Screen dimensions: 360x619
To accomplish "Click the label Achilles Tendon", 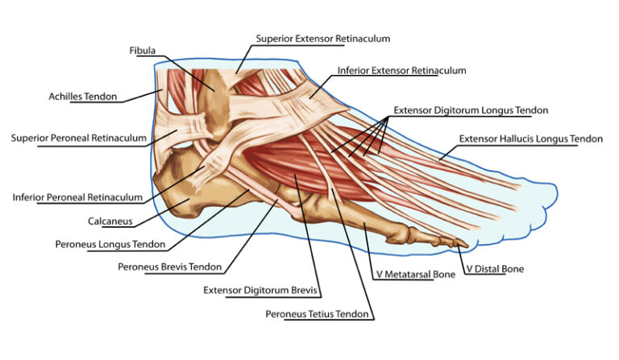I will [82, 97].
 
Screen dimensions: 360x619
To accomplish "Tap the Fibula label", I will [143, 51].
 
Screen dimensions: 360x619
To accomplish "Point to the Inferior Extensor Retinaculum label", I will [401, 71].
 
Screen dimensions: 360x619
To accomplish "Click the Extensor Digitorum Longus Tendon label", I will [471, 109].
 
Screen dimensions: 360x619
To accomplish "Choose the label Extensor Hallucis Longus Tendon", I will [530, 139].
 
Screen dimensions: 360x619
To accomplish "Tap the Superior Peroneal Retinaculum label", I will [79, 138].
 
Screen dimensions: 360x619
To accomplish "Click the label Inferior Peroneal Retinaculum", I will [77, 197].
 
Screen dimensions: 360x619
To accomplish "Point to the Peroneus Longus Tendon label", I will [110, 243].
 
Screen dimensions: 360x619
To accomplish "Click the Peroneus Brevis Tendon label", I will [169, 266].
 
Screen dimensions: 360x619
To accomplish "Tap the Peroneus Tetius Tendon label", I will [318, 312].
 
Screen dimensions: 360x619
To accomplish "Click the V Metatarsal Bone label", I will [415, 274].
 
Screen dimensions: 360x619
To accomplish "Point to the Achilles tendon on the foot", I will [166, 101].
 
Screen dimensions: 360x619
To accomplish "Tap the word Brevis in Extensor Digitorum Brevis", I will [305, 290].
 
